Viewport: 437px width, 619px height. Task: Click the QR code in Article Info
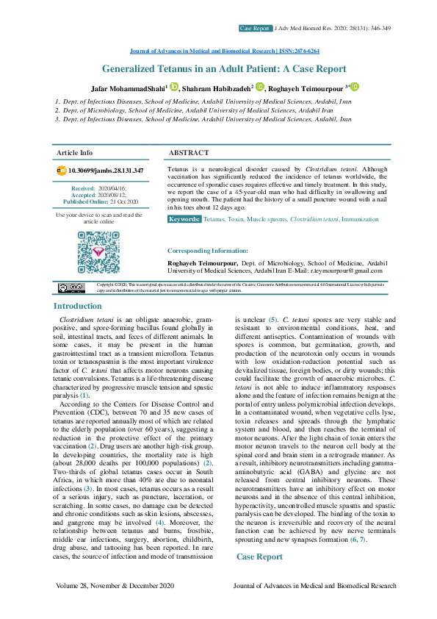(98, 253)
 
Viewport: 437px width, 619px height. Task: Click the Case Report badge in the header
(255, 28)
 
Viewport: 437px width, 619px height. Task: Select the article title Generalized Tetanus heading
(223, 69)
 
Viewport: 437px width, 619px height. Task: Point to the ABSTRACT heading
(189, 153)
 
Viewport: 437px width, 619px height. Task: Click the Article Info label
(75, 153)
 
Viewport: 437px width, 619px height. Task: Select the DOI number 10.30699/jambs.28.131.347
(105, 171)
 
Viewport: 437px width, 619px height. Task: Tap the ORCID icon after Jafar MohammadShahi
(173, 87)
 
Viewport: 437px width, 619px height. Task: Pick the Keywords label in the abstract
(184, 220)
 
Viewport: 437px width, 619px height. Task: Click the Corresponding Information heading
(208, 251)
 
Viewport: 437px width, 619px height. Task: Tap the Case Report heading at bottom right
(259, 557)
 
